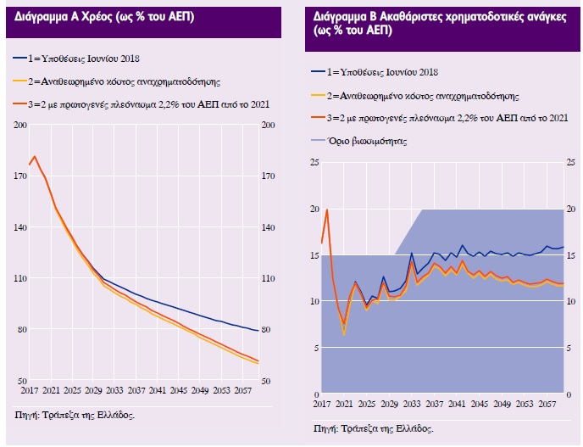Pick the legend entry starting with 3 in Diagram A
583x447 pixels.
point(139,104)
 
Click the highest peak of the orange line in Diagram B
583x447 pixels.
point(327,210)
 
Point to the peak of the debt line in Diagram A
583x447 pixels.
point(35,156)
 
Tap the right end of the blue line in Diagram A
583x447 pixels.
point(258,331)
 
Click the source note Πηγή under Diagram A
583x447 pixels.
point(75,415)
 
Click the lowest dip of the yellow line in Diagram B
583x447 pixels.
point(343,333)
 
